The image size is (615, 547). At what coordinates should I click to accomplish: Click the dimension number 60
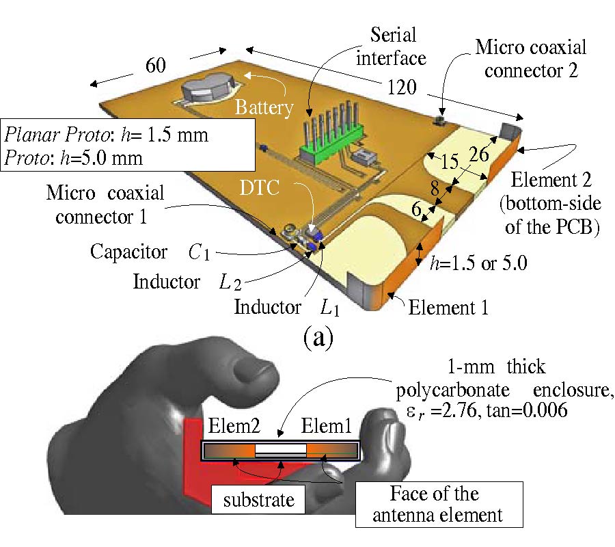[156, 65]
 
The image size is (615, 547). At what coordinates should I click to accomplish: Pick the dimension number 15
[449, 163]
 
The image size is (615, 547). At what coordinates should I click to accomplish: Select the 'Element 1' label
[448, 308]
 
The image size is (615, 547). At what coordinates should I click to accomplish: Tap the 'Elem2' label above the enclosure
[228, 429]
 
